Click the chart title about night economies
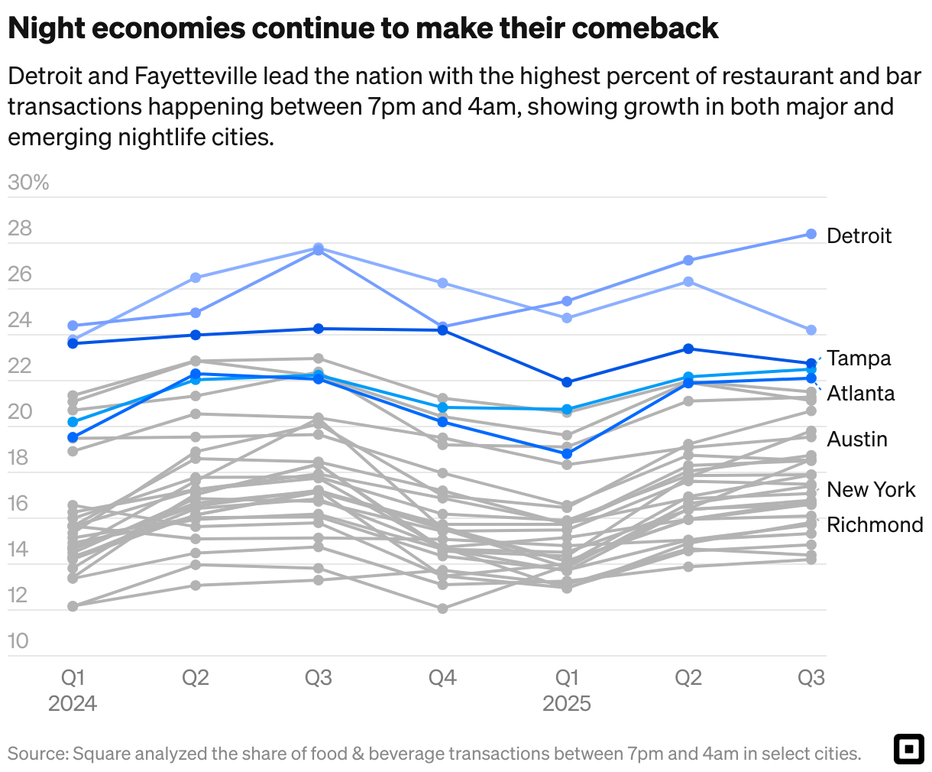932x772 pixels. click(363, 28)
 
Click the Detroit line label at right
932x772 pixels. click(859, 235)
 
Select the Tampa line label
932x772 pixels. click(859, 358)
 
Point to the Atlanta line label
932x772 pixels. click(860, 393)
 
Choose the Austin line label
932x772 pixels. click(857, 440)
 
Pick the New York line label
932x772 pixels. click(871, 489)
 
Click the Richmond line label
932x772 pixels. click(875, 524)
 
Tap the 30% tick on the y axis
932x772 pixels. click(28, 183)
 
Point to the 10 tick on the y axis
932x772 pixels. click(18, 641)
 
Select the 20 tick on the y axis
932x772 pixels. click(20, 411)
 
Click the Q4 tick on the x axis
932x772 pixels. click(442, 677)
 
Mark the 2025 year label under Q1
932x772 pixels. click(566, 703)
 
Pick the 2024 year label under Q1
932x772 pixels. click(73, 703)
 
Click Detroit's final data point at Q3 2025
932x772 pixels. click(811, 234)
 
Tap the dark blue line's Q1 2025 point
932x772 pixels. click(566, 382)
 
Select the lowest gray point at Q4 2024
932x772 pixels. click(442, 608)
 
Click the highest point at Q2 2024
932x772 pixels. click(196, 277)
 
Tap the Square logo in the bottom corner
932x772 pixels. click(908, 749)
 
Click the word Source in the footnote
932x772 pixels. click(37, 754)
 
